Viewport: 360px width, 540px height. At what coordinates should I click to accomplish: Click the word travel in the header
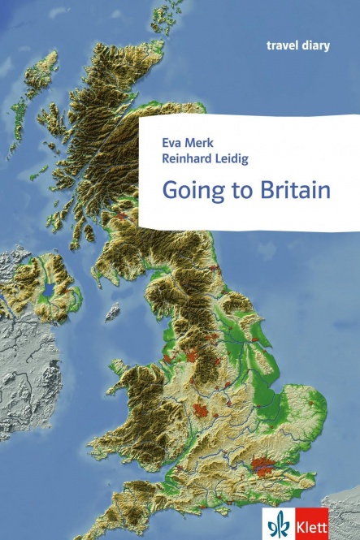click(x=280, y=45)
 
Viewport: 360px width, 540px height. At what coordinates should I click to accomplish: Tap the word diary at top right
click(x=315, y=45)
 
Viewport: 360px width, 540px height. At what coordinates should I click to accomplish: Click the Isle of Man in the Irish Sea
click(x=112, y=311)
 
